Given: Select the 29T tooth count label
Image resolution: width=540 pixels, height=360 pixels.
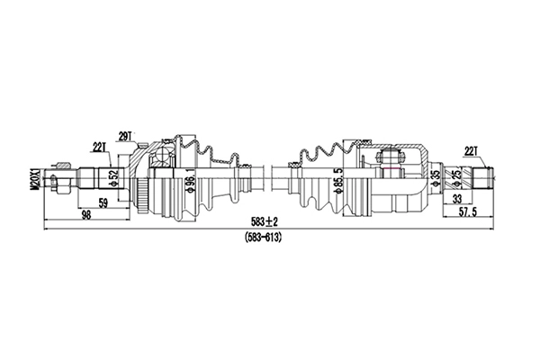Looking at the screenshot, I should point(124,136).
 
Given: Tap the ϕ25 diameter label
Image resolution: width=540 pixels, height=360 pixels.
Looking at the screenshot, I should point(457,180).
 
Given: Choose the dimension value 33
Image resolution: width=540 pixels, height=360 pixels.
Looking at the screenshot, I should point(458,199).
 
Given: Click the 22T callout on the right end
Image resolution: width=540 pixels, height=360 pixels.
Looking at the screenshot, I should point(470,150).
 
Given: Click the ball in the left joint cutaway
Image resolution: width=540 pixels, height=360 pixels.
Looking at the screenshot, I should point(163,163).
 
